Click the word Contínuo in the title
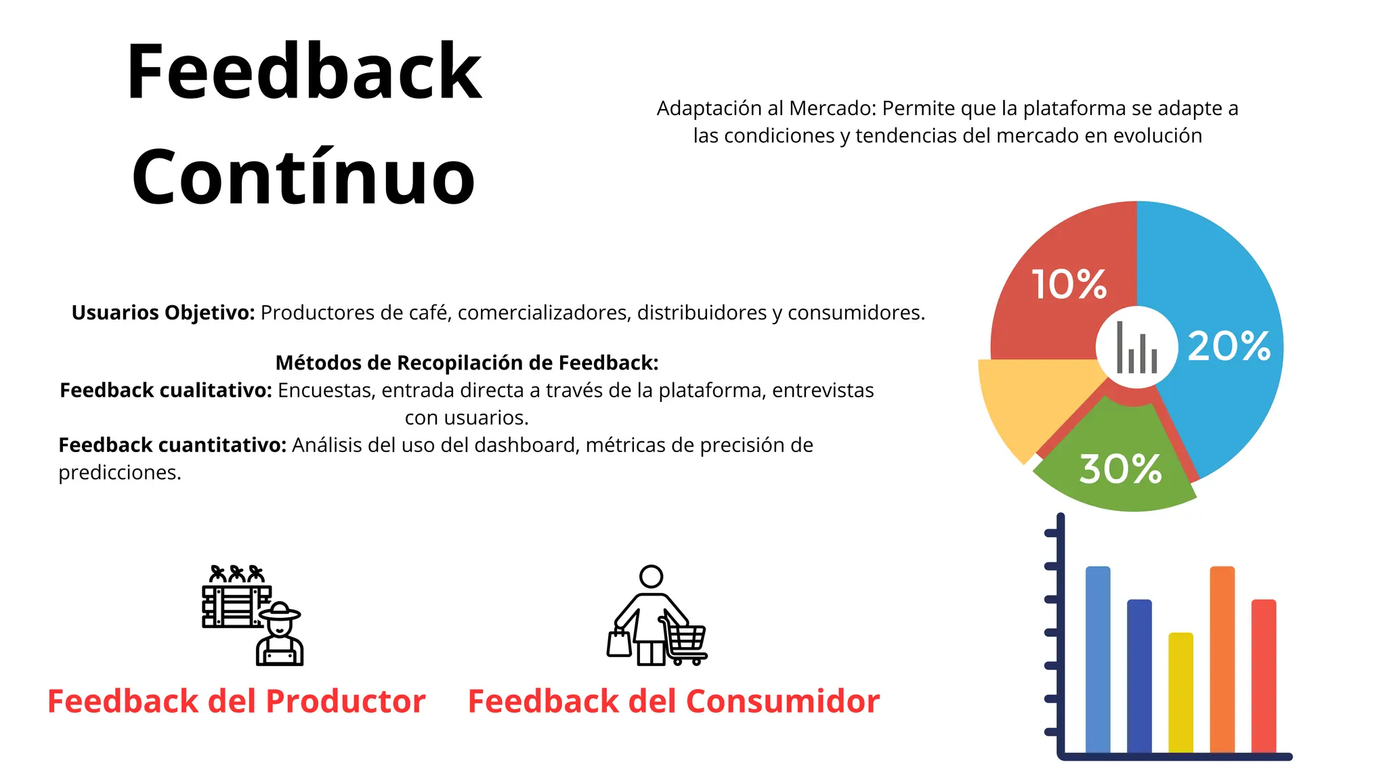point(303,177)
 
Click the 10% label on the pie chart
point(1069,284)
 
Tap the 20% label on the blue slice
point(1229,346)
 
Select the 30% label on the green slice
point(1120,468)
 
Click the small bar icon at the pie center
point(1136,348)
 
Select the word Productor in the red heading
point(345,701)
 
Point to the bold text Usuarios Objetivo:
point(163,313)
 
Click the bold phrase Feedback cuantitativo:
point(173,445)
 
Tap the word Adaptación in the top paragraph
point(708,108)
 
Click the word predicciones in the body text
point(119,472)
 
